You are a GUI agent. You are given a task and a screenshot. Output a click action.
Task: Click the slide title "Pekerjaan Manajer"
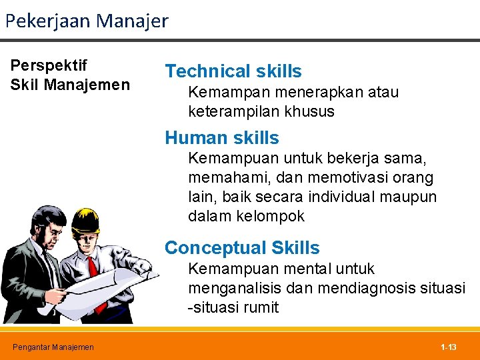87,21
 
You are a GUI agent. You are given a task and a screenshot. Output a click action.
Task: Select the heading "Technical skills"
233,71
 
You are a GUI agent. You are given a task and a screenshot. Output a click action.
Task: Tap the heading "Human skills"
222,138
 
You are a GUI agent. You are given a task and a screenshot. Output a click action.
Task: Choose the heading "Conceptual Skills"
242,248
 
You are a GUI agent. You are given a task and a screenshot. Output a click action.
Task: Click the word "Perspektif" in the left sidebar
49,65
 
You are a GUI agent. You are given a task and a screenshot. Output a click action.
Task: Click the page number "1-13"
449,347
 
